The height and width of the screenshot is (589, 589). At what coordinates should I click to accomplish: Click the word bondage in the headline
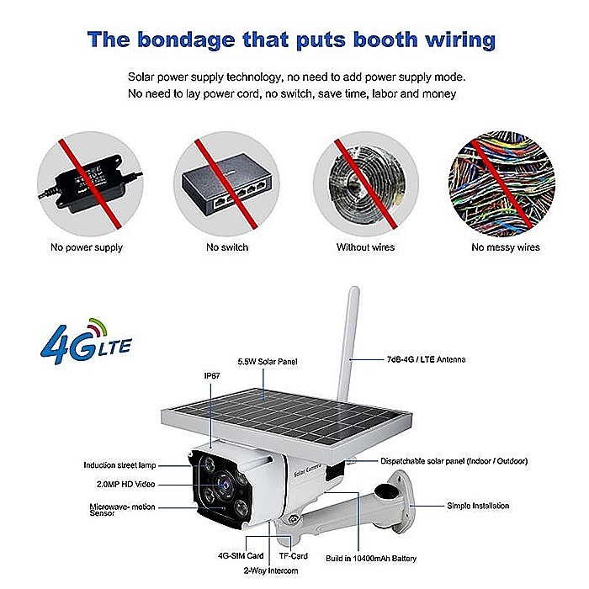[186, 40]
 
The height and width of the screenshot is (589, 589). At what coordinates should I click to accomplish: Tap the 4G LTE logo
[86, 342]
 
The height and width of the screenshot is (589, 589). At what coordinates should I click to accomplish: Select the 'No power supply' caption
[87, 247]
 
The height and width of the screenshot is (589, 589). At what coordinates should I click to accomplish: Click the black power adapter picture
[90, 183]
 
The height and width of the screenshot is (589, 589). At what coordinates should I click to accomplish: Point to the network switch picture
[226, 184]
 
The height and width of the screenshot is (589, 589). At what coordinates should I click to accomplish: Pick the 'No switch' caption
[227, 247]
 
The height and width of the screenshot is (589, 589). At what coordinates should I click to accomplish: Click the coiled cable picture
[366, 184]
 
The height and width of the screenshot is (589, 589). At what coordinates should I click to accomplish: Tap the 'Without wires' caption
[365, 247]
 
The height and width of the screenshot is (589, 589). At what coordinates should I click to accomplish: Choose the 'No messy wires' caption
[506, 247]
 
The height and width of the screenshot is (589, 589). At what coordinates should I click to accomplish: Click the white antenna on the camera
[348, 343]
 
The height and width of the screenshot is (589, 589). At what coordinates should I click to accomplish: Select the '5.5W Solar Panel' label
[268, 362]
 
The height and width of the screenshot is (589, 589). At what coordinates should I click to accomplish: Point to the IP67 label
[212, 376]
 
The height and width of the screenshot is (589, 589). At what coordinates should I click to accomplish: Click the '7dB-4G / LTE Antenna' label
[426, 359]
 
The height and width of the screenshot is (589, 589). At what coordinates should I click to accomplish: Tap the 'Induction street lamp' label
[119, 465]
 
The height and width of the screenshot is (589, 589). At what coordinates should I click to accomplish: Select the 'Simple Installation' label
[478, 506]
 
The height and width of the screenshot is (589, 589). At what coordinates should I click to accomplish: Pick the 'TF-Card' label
[294, 556]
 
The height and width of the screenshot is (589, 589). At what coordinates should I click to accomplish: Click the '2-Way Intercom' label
[271, 571]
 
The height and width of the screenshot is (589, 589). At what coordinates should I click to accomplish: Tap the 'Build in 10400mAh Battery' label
[371, 559]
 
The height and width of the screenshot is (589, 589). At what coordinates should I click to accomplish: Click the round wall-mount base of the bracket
[400, 496]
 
